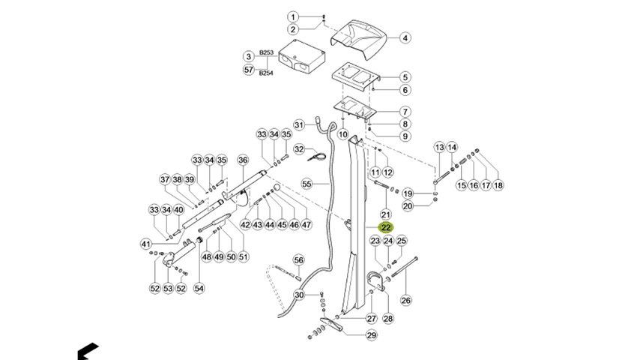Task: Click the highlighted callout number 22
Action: point(386,227)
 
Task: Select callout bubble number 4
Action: point(405,38)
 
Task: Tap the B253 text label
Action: point(266,52)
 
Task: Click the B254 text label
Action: point(266,73)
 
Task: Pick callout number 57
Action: point(249,70)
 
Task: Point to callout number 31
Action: point(300,124)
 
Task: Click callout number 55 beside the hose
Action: point(307,184)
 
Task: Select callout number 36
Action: point(243,160)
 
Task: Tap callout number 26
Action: point(405,300)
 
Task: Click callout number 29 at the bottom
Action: point(372,335)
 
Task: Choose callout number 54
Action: point(199,288)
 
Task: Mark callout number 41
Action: point(145,244)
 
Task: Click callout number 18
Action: point(498,185)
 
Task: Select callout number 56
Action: point(299,260)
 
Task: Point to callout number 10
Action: point(343,134)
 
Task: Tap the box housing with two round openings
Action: point(301,58)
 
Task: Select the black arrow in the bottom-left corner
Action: point(88,352)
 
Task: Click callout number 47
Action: point(307,224)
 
